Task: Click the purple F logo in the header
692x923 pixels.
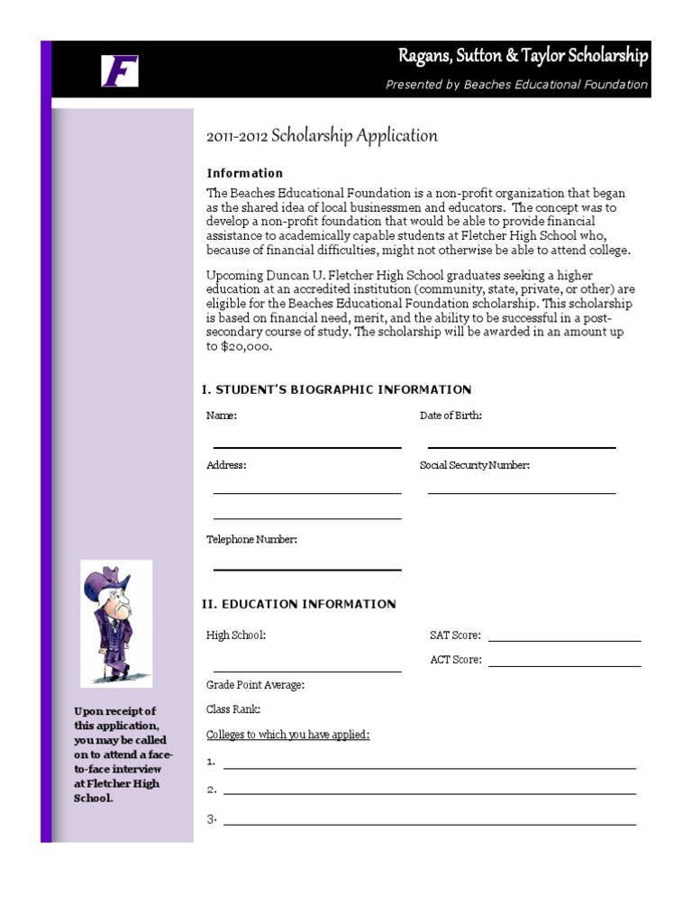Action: pyautogui.click(x=119, y=70)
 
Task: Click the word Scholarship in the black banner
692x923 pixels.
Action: pyautogui.click(x=603, y=57)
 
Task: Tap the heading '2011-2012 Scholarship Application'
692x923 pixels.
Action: pyautogui.click(x=322, y=136)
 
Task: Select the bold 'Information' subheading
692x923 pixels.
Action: pyautogui.click(x=244, y=173)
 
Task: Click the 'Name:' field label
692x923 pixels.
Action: pyautogui.click(x=222, y=416)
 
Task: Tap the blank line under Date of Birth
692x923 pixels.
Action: pyautogui.click(x=521, y=446)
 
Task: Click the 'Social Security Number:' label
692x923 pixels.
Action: pyautogui.click(x=474, y=465)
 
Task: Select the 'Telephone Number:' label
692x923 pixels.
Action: pyautogui.click(x=251, y=539)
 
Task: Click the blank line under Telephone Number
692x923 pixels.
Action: pyautogui.click(x=307, y=569)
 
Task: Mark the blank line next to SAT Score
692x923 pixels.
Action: pyautogui.click(x=564, y=640)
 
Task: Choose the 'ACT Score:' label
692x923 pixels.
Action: pyautogui.click(x=455, y=660)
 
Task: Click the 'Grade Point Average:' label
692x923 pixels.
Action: pyautogui.click(x=255, y=685)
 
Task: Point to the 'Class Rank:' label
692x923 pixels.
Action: pyautogui.click(x=233, y=709)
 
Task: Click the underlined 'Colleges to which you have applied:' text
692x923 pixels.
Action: pyautogui.click(x=287, y=735)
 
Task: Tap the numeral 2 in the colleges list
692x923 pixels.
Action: pyautogui.click(x=211, y=790)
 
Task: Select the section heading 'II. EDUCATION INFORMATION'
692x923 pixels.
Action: pyautogui.click(x=298, y=604)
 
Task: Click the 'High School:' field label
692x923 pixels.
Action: pyautogui.click(x=236, y=635)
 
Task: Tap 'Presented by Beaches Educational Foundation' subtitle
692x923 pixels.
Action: pyautogui.click(x=516, y=85)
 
